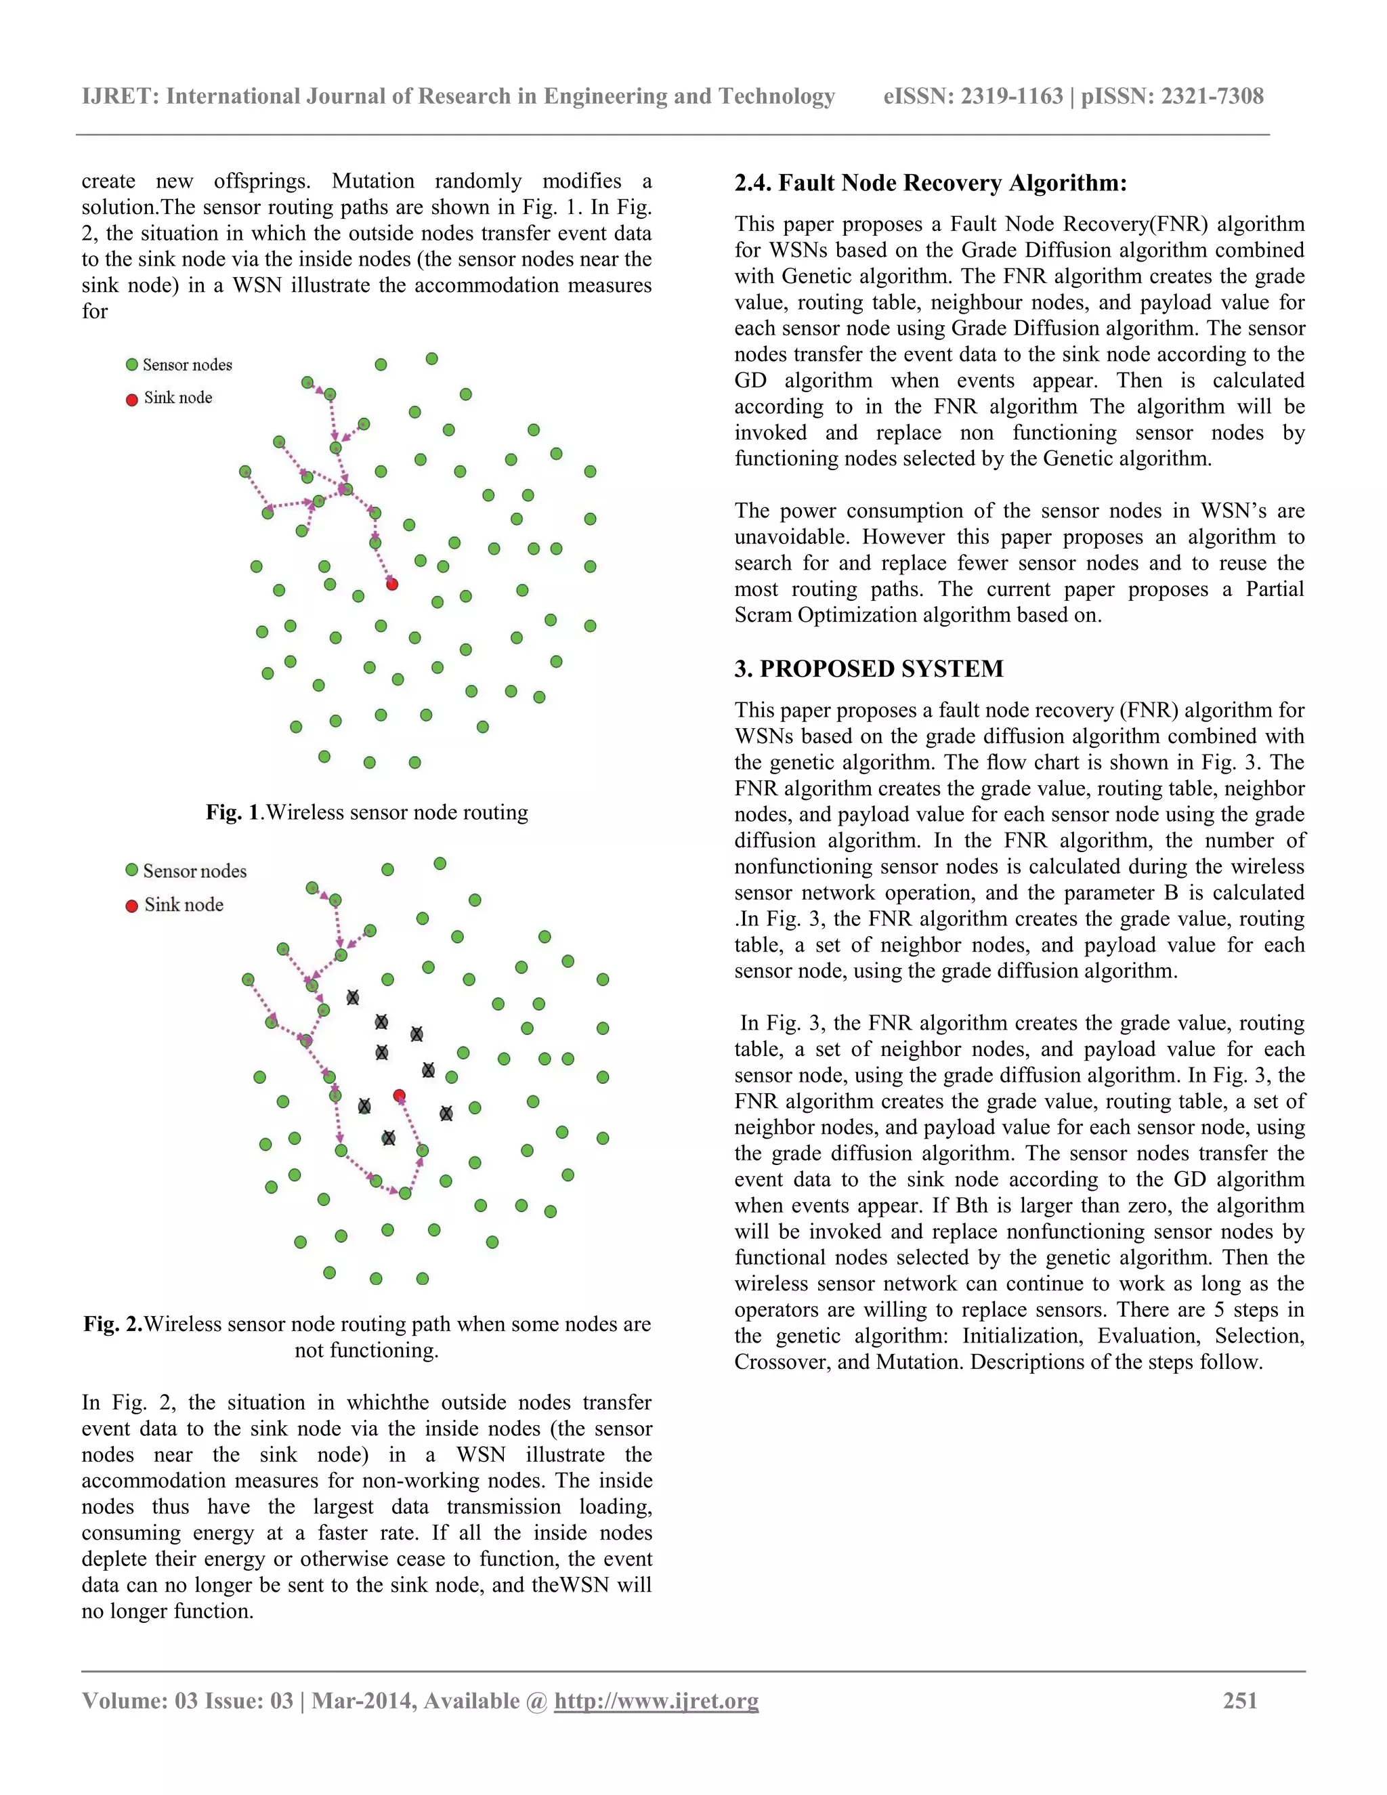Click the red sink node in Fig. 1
(392, 585)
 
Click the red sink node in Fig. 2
(400, 1095)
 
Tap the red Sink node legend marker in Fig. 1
(131, 400)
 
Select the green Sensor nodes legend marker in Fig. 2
(131, 870)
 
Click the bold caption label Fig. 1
(232, 812)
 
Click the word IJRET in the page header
(119, 96)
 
